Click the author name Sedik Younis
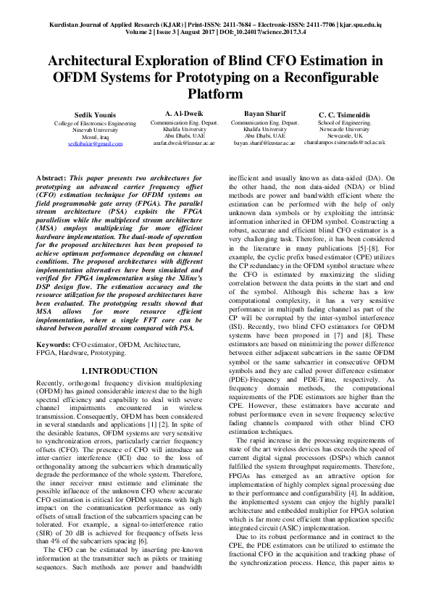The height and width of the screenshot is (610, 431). click(x=95, y=116)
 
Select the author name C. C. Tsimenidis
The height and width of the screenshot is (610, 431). click(x=345, y=115)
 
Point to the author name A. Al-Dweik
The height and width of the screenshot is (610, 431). click(x=184, y=114)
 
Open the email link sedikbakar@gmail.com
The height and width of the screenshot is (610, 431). click(x=96, y=144)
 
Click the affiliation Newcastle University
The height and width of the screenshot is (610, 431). click(x=345, y=130)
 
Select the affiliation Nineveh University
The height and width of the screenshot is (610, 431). click(x=95, y=130)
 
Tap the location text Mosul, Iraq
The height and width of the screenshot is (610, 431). click(x=95, y=137)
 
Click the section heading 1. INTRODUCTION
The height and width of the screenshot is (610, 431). click(x=120, y=370)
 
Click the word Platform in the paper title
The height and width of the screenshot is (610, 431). click(x=215, y=94)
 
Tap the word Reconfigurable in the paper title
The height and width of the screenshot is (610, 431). click(x=320, y=78)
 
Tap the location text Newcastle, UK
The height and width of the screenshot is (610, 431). click(x=345, y=136)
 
